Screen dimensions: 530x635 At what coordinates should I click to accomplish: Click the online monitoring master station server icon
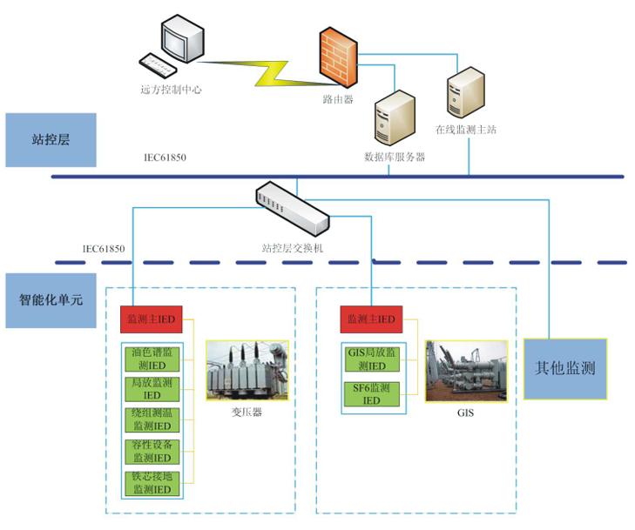point(464,94)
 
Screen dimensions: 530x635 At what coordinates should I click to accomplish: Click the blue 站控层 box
point(50,139)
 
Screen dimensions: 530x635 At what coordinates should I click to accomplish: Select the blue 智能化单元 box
point(51,299)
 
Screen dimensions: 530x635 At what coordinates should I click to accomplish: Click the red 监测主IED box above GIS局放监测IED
point(372,319)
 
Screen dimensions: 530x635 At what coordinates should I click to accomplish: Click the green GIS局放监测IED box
point(372,359)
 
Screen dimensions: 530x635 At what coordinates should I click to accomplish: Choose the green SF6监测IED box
point(372,393)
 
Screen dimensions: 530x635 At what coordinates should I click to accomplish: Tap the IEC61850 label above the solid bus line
point(165,158)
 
